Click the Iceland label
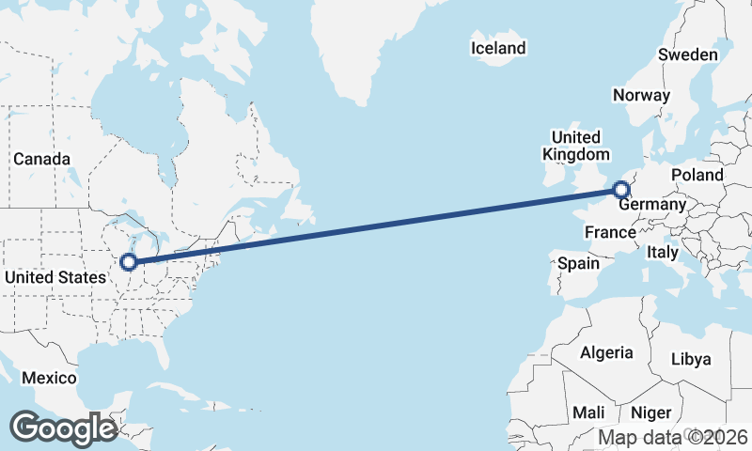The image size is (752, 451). click(500, 48)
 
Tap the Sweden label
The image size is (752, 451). click(687, 54)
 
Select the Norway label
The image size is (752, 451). click(641, 95)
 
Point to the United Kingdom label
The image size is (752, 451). click(576, 146)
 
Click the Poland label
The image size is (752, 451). click(697, 175)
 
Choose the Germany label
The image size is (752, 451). click(653, 205)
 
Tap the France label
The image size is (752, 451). click(610, 231)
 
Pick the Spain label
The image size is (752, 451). click(578, 263)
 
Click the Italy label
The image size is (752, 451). click(663, 252)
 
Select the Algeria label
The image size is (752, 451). click(606, 352)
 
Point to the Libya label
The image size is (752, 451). click(691, 359)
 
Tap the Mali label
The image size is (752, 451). click(589, 412)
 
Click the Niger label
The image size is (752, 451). click(650, 412)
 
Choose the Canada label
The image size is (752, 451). click(41, 159)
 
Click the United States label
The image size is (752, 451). click(55, 277)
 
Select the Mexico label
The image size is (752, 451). click(49, 378)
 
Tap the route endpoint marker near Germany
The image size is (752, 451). click(620, 191)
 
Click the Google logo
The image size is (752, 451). click(63, 428)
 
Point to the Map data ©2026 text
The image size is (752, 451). click(673, 437)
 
